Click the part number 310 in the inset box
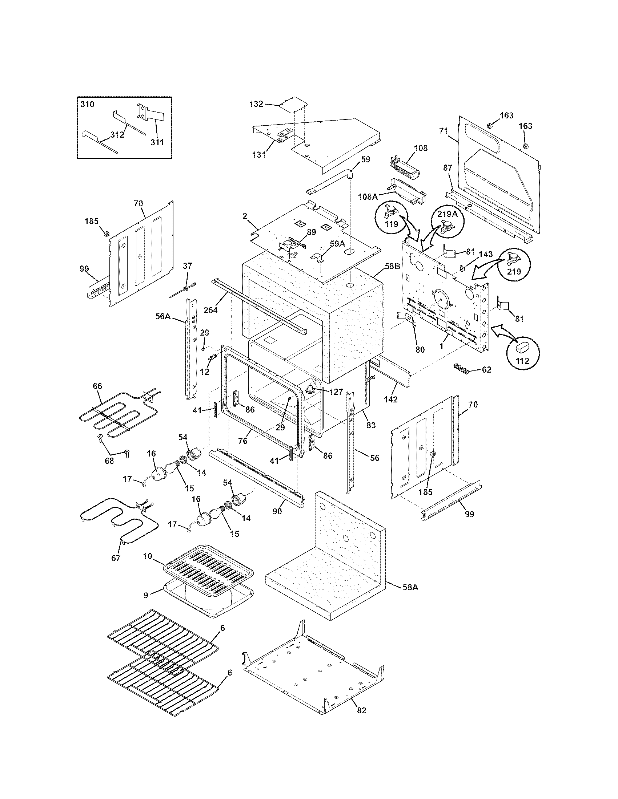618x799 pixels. pos(87,104)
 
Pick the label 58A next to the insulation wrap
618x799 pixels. pos(410,588)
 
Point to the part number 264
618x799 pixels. pos(211,310)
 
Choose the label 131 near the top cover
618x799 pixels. pos(259,155)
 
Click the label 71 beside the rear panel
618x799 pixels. pos(444,131)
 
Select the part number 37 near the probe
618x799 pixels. pos(187,266)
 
